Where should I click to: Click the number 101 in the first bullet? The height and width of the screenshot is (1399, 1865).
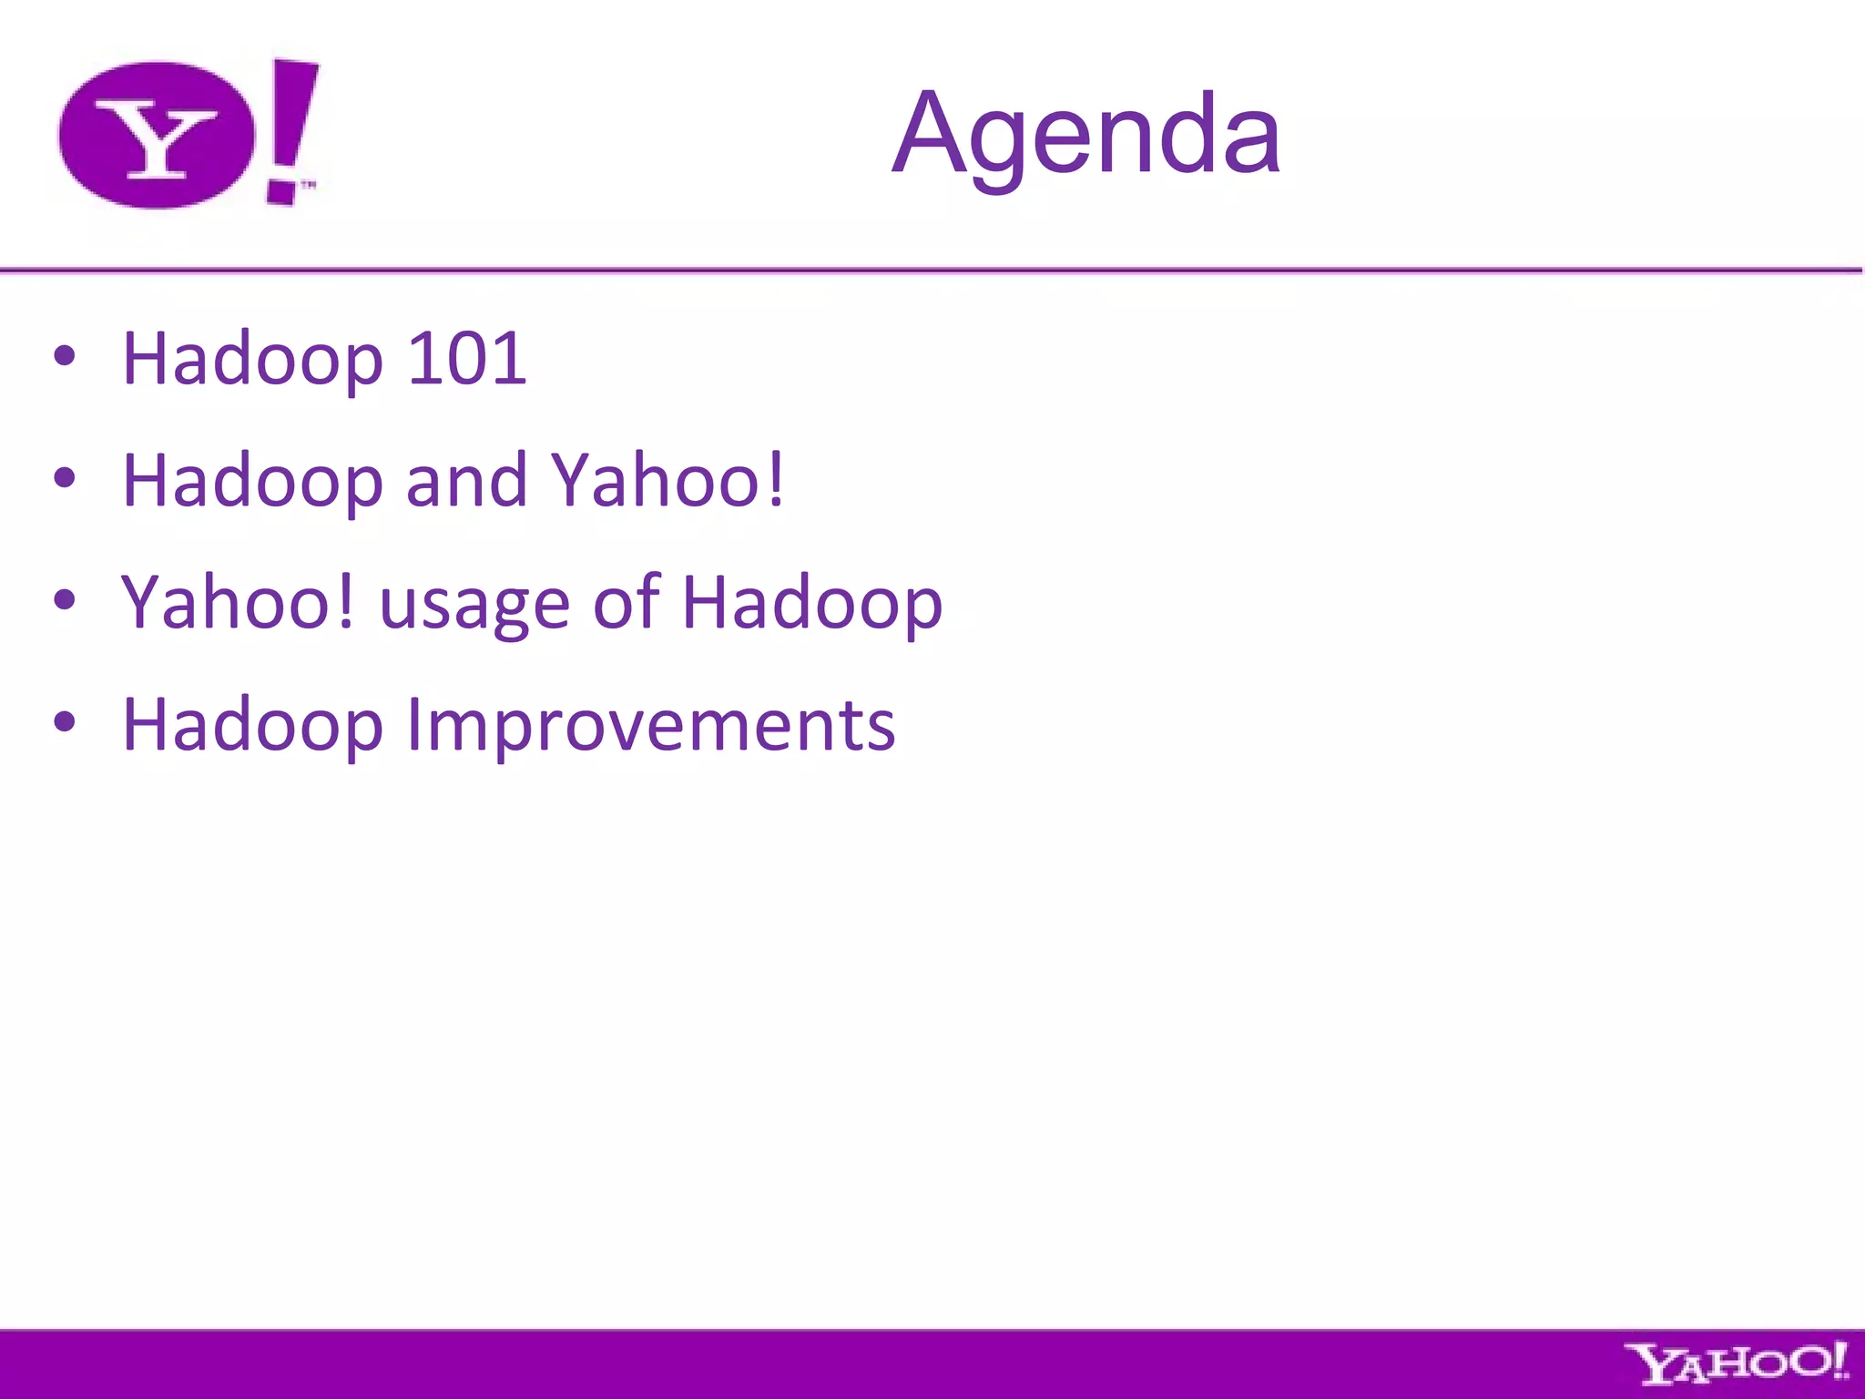click(x=466, y=358)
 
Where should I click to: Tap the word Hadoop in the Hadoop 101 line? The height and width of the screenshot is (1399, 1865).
click(x=252, y=360)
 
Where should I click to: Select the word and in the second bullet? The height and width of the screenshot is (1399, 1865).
click(x=466, y=480)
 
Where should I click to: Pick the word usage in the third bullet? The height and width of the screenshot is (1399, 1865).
click(x=474, y=606)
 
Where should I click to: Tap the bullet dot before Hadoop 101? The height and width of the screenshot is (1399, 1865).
click(x=65, y=356)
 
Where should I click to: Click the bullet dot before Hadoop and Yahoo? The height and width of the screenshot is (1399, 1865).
click(x=65, y=477)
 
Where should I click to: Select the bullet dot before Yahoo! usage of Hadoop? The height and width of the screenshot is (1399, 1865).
click(x=65, y=599)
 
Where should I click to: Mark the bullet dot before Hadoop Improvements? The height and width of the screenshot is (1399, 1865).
click(x=65, y=721)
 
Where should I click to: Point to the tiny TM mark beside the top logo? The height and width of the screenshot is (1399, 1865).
click(x=309, y=186)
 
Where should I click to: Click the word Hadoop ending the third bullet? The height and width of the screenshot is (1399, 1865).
click(x=812, y=605)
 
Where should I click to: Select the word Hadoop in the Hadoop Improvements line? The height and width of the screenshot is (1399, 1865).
click(x=252, y=726)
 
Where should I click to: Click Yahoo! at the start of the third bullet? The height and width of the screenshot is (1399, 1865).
click(x=237, y=603)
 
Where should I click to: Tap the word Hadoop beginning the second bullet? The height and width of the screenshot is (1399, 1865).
click(x=252, y=481)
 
